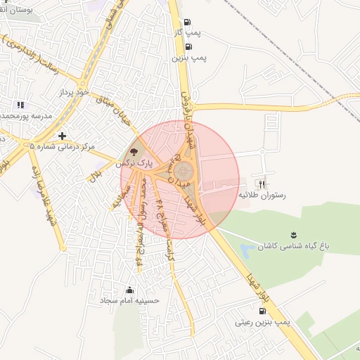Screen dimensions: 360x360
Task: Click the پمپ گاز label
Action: [x=188, y=33]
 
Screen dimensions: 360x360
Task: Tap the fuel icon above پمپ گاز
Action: [x=187, y=22]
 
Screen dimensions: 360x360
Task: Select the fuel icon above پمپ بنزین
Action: [x=187, y=47]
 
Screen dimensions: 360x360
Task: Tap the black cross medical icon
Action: [x=63, y=135]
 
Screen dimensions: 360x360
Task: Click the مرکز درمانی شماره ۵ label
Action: [x=62, y=146]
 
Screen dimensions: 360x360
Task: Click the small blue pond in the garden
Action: [x=245, y=250]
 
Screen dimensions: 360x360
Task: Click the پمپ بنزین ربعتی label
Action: [x=263, y=322]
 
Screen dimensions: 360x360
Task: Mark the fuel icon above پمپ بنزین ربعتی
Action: [x=262, y=311]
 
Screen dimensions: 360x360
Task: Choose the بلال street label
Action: [x=94, y=173]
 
